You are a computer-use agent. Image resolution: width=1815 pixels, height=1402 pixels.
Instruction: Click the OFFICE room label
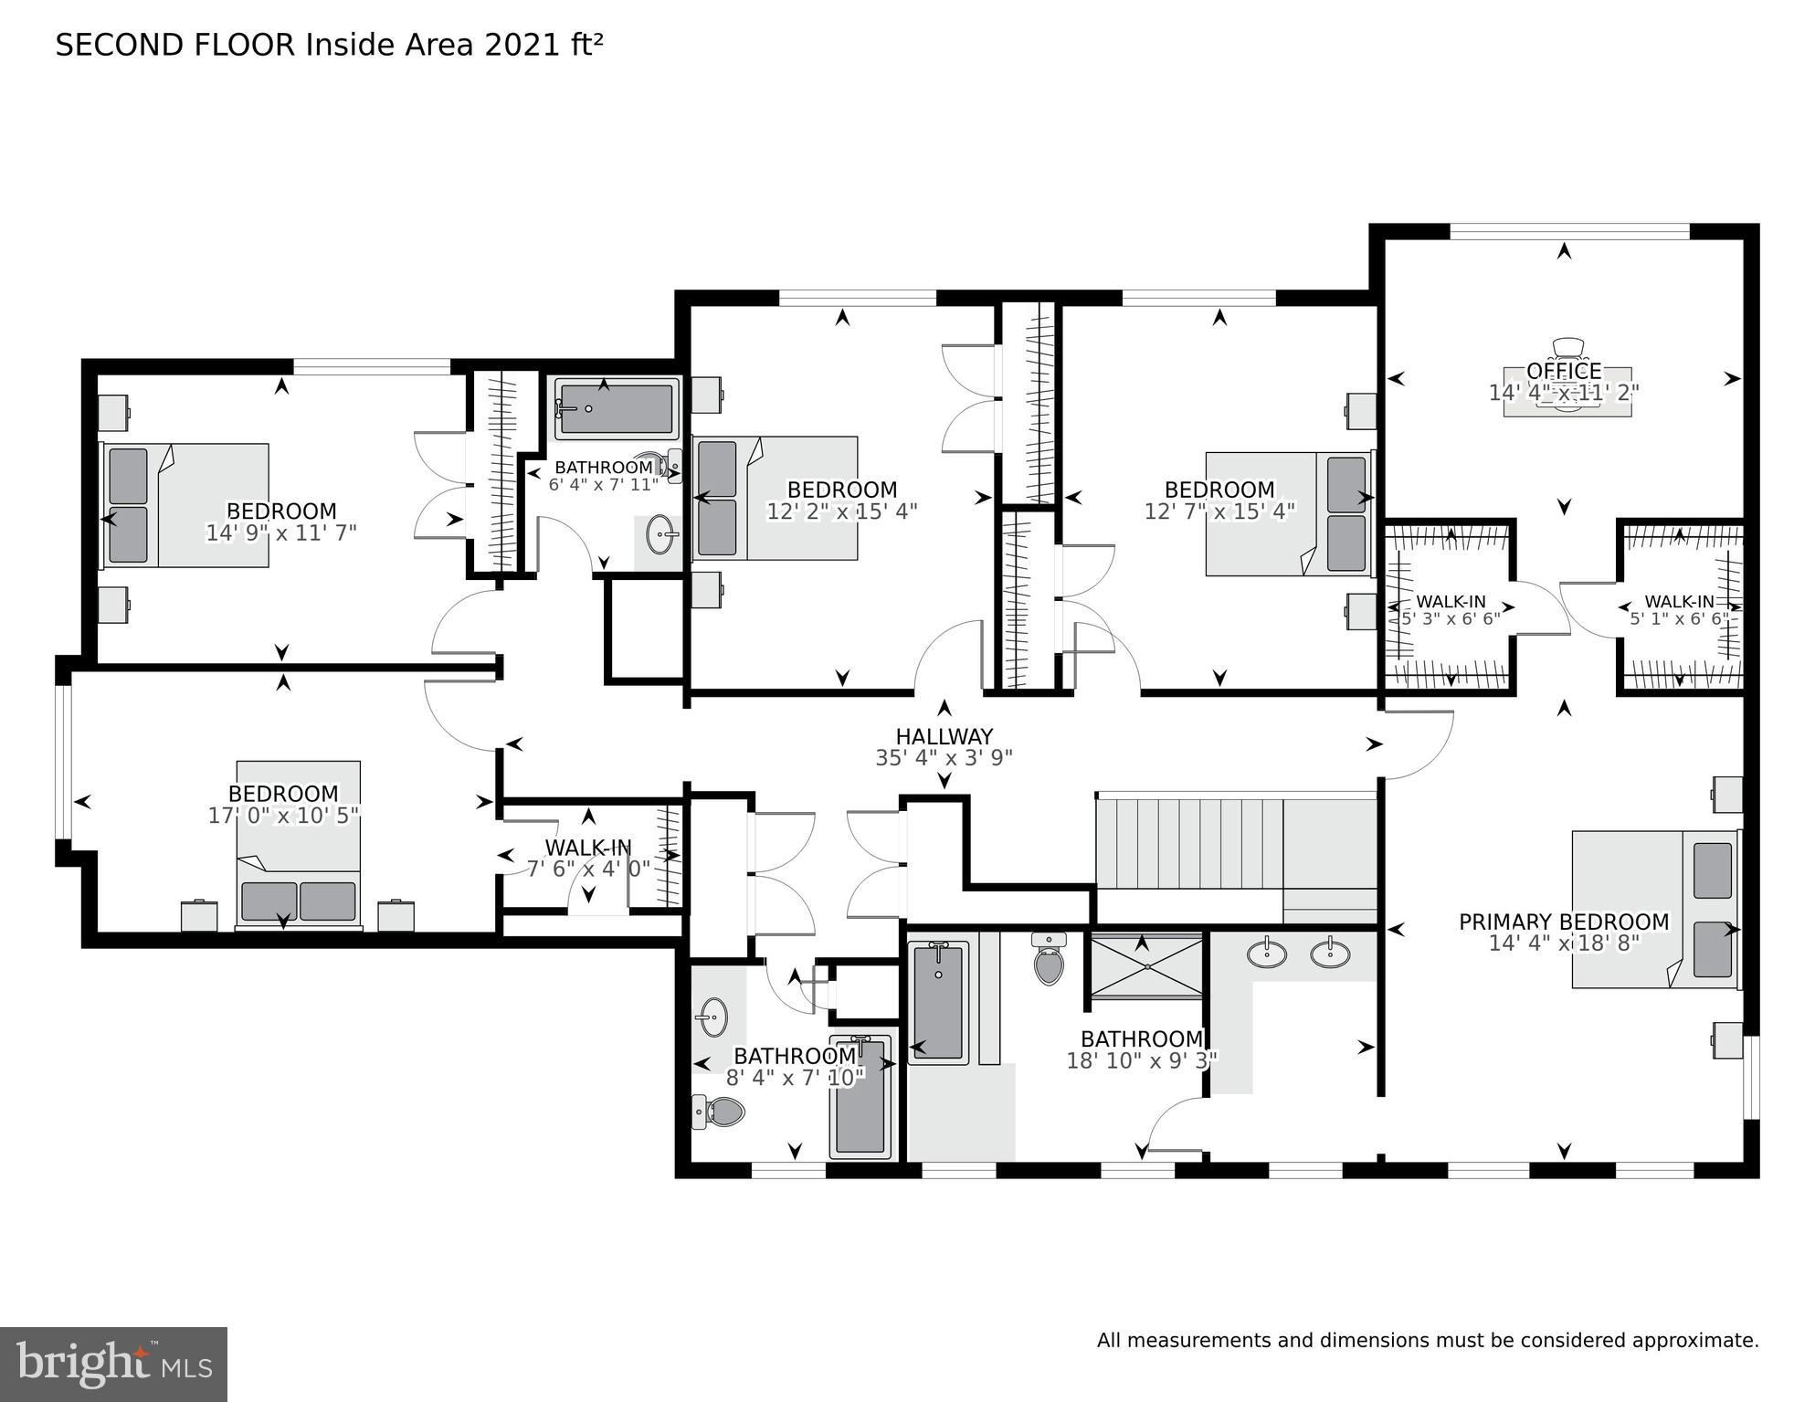click(1564, 371)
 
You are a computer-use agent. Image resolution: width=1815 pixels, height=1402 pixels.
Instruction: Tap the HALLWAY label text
click(944, 736)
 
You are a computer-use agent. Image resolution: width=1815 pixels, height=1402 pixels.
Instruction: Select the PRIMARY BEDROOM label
click(1563, 922)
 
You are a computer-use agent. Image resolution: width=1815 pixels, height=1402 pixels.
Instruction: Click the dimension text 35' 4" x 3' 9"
click(944, 758)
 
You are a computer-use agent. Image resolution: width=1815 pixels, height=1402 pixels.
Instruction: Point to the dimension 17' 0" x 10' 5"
click(283, 816)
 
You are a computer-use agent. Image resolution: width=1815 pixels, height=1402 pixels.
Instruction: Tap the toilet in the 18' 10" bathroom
click(1049, 959)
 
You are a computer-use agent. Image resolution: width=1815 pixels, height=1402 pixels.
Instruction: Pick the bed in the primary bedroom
click(1653, 909)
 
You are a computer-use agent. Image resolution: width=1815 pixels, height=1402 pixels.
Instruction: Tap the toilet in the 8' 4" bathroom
click(721, 1112)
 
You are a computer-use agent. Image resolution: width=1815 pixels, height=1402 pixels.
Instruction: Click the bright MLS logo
click(113, 1365)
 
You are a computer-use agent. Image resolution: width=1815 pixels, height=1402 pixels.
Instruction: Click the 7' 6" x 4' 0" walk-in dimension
click(588, 869)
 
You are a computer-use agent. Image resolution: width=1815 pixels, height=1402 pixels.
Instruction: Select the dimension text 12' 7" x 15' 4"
click(1219, 511)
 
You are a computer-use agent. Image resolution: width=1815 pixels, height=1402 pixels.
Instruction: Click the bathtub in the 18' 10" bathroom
click(938, 1002)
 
